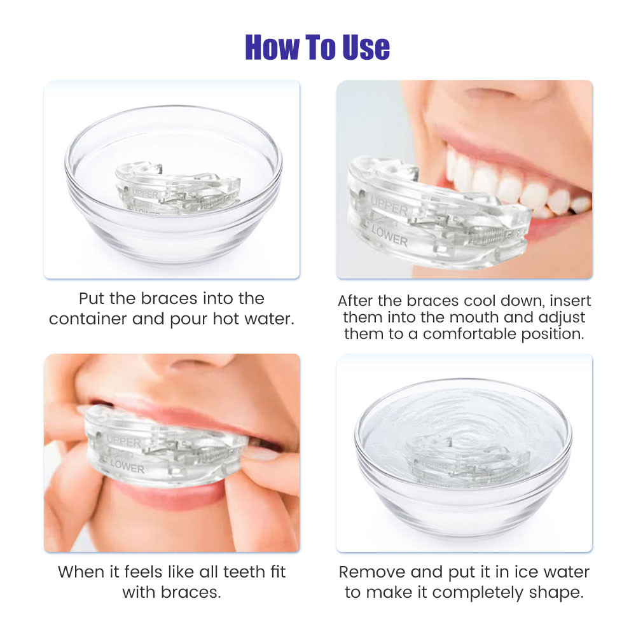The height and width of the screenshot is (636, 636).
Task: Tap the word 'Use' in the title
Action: pos(366,47)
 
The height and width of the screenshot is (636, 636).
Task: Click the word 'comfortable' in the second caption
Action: pos(469,334)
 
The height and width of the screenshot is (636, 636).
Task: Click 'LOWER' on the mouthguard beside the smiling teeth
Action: pos(389,236)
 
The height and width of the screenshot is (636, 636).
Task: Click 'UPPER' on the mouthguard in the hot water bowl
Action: pos(145,195)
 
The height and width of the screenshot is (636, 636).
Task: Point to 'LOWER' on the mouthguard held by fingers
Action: pos(127,466)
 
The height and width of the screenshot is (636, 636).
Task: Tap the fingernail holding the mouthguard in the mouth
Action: pos(260,452)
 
